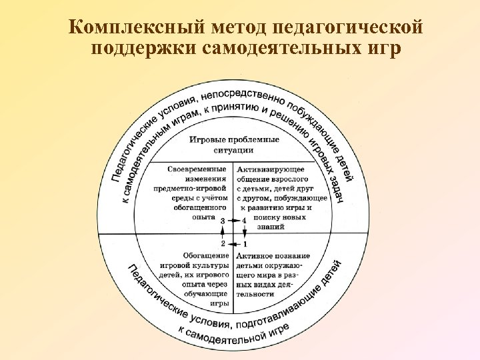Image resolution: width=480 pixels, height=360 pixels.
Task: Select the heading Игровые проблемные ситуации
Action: (233, 145)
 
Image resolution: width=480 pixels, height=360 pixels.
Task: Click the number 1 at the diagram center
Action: (245, 243)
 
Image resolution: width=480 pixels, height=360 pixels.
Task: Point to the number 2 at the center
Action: (223, 243)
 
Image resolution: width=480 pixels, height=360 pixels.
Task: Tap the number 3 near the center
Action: (223, 220)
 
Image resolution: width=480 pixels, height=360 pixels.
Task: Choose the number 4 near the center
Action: (245, 220)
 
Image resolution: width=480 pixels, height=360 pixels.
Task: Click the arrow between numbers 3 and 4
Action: (234, 220)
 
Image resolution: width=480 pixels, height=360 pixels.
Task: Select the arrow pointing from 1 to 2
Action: (234, 243)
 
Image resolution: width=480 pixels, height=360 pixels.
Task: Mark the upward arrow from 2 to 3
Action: (223, 231)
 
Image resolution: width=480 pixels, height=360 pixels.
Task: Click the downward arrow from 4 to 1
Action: (245, 231)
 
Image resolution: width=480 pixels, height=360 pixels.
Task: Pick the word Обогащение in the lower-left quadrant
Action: (205, 255)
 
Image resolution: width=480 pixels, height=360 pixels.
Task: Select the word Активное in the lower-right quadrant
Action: (255, 255)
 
